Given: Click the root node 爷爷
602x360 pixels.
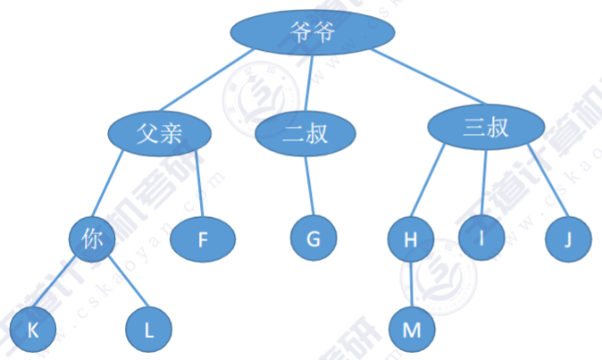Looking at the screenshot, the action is tap(313, 32).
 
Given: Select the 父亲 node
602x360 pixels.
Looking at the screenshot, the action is tap(160, 133).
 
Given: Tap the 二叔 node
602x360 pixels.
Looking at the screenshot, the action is tap(305, 135).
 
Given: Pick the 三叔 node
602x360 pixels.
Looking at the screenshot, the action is tap(486, 128).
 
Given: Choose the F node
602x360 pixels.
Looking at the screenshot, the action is tap(202, 239).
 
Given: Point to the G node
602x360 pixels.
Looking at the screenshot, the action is tap(314, 239).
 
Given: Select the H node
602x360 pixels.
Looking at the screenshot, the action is tap(411, 239).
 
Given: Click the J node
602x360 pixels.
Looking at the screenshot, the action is tap(568, 239).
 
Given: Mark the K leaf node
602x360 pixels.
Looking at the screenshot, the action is tap(34, 330).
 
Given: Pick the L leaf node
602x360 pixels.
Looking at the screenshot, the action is tap(148, 330).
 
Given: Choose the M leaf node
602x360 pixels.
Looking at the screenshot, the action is tap(412, 330).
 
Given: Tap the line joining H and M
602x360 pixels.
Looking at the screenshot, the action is tap(411, 284).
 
